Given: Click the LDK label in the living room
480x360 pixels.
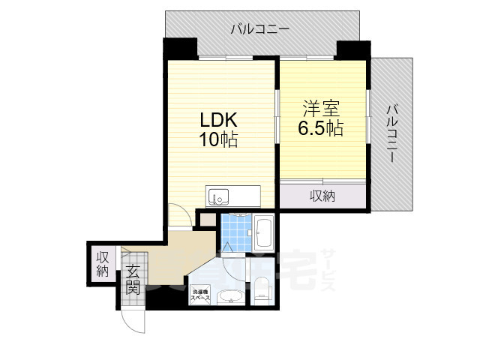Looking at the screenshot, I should [218, 120].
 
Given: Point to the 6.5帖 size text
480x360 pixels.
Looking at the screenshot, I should [320, 127].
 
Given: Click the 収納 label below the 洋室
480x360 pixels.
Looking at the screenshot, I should [322, 196].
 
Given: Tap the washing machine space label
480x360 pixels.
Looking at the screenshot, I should [200, 295].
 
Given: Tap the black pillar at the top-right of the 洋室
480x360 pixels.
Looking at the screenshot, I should [352, 50].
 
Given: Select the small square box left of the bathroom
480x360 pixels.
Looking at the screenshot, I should [205, 219].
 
